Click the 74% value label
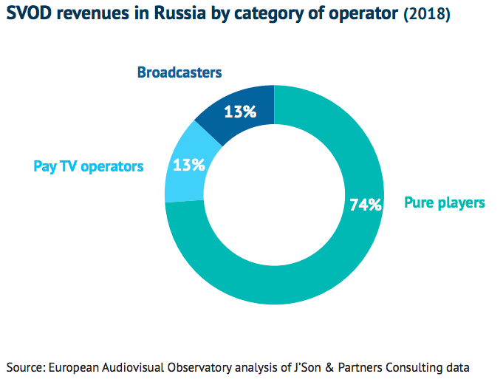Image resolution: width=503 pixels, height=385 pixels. [x=365, y=205]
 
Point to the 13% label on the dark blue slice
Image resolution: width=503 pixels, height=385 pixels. [x=241, y=112]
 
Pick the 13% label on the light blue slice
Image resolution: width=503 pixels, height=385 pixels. [x=189, y=165]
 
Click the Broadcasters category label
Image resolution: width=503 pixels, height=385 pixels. [x=180, y=72]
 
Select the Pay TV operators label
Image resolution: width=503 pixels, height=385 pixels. [x=89, y=166]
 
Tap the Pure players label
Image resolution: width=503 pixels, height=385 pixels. [x=444, y=202]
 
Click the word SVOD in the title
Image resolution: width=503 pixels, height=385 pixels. [x=29, y=14]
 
